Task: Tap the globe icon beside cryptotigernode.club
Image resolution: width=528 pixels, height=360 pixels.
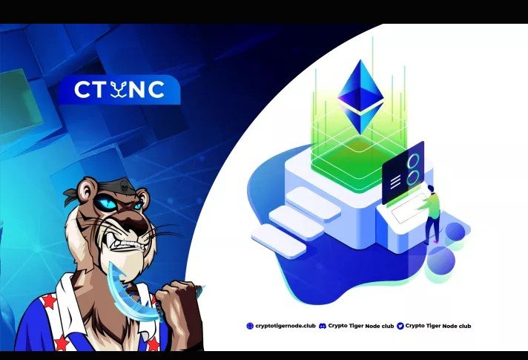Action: (249, 326)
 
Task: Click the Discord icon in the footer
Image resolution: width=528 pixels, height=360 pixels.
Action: (322, 326)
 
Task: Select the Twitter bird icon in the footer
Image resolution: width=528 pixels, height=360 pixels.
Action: (400, 326)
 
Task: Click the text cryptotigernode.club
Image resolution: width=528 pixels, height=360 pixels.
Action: (284, 326)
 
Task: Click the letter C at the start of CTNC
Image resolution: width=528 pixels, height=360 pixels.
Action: (82, 90)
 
